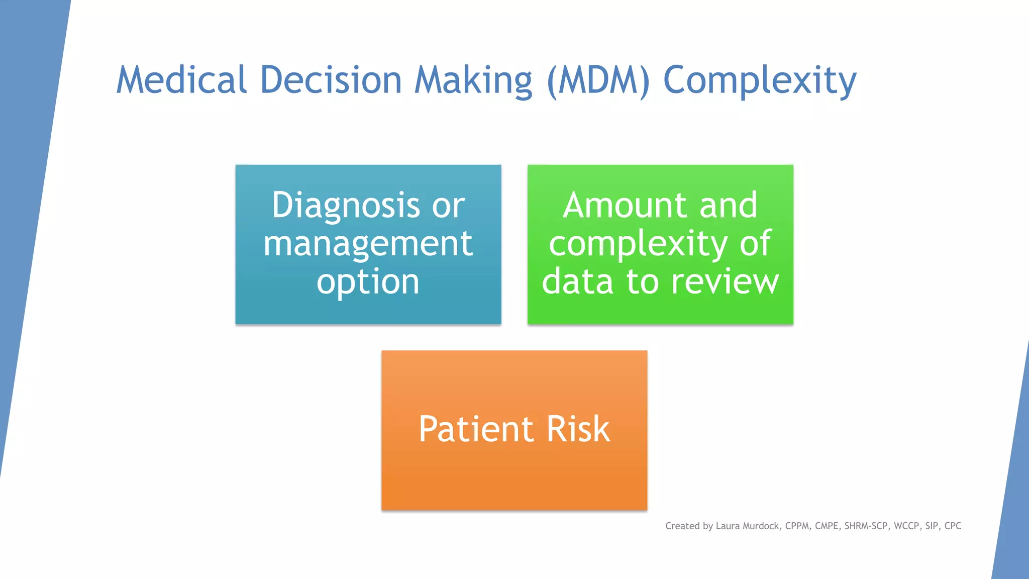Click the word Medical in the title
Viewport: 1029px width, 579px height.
coord(181,80)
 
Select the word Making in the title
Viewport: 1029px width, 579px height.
coord(473,80)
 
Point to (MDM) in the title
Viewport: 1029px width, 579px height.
coord(598,80)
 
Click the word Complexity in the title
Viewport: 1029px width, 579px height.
coord(760,80)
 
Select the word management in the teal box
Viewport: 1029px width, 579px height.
coord(368,244)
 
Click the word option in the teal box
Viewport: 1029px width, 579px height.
coord(368,282)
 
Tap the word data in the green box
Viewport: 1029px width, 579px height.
coord(578,281)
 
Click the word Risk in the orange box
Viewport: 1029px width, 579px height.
coord(578,429)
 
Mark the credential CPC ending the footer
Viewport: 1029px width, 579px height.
coord(953,526)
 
